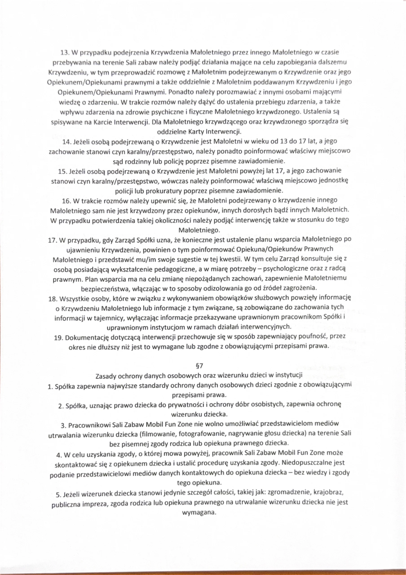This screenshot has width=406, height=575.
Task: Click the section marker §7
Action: click(199, 366)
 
